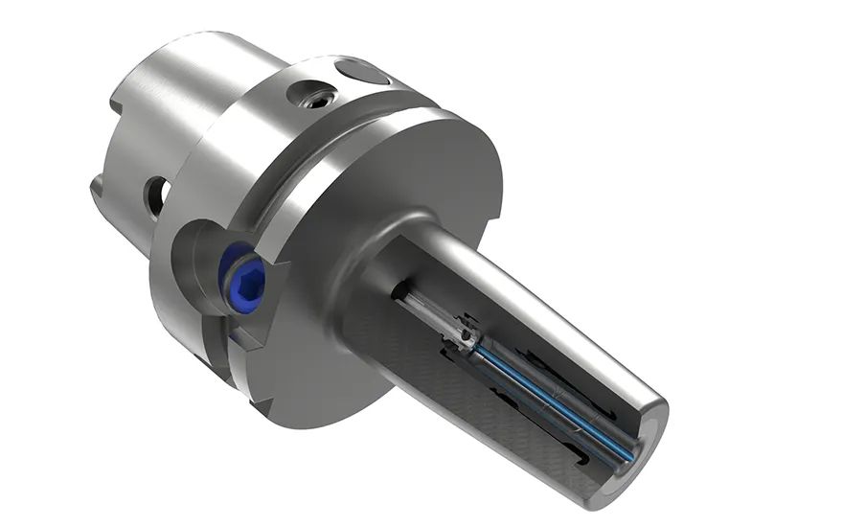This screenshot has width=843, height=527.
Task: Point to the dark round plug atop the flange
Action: pos(364,72)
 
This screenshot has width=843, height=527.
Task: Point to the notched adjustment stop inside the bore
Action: pos(466,335)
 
